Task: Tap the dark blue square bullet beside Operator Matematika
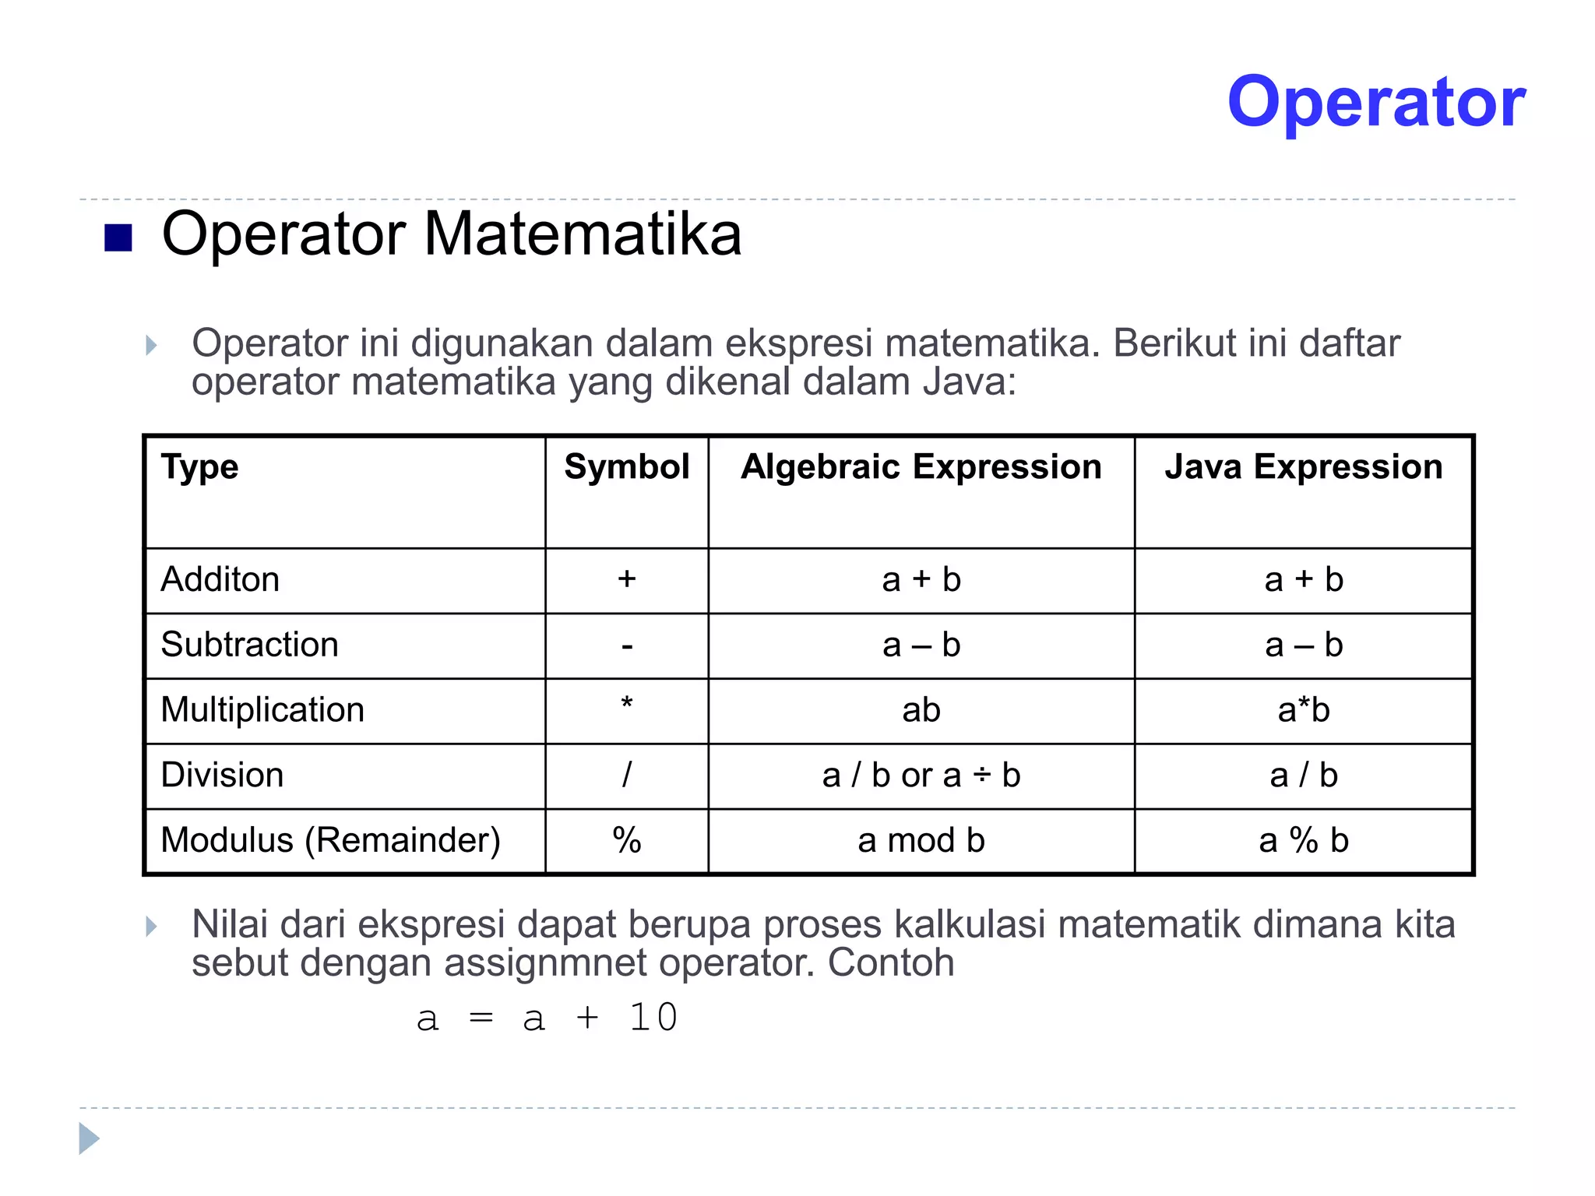[x=118, y=237]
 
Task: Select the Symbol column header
[x=627, y=467]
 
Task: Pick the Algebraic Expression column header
[x=921, y=467]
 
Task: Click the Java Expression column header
[x=1304, y=467]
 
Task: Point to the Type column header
[x=199, y=467]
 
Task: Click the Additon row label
[x=220, y=579]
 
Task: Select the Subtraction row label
[x=249, y=645]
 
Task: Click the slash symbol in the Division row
[x=627, y=776]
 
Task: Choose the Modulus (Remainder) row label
[x=330, y=841]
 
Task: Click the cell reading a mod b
[x=921, y=841]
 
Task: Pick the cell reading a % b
[x=1304, y=841]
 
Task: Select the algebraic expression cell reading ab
[x=921, y=710]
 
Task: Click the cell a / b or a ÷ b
[x=921, y=776]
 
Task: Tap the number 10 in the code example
[x=653, y=1018]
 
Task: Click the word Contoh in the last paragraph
[x=890, y=962]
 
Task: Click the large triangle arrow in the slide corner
[x=89, y=1139]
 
